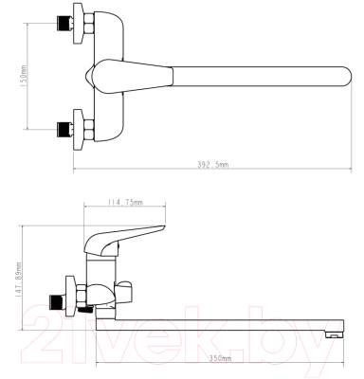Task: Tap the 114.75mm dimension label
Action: point(125,202)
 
